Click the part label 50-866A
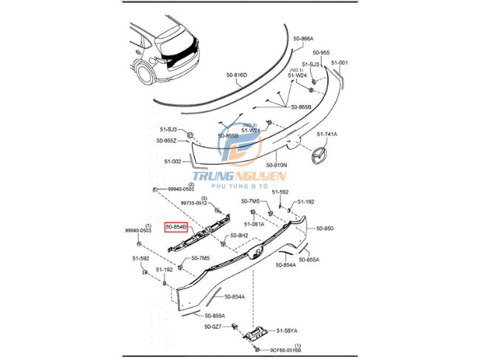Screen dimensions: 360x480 [x=303, y=38]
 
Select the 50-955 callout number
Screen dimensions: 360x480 [x=320, y=53]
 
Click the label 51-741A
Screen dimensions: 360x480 [x=327, y=134]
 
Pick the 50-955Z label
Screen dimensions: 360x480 [x=166, y=140]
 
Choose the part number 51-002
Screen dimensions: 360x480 [x=172, y=161]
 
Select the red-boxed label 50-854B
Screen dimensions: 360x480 [x=176, y=228]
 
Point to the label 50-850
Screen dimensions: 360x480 [x=325, y=228]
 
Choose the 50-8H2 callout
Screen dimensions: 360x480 [x=238, y=236]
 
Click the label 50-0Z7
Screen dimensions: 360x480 [x=214, y=325]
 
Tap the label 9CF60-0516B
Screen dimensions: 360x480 [x=285, y=351]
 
